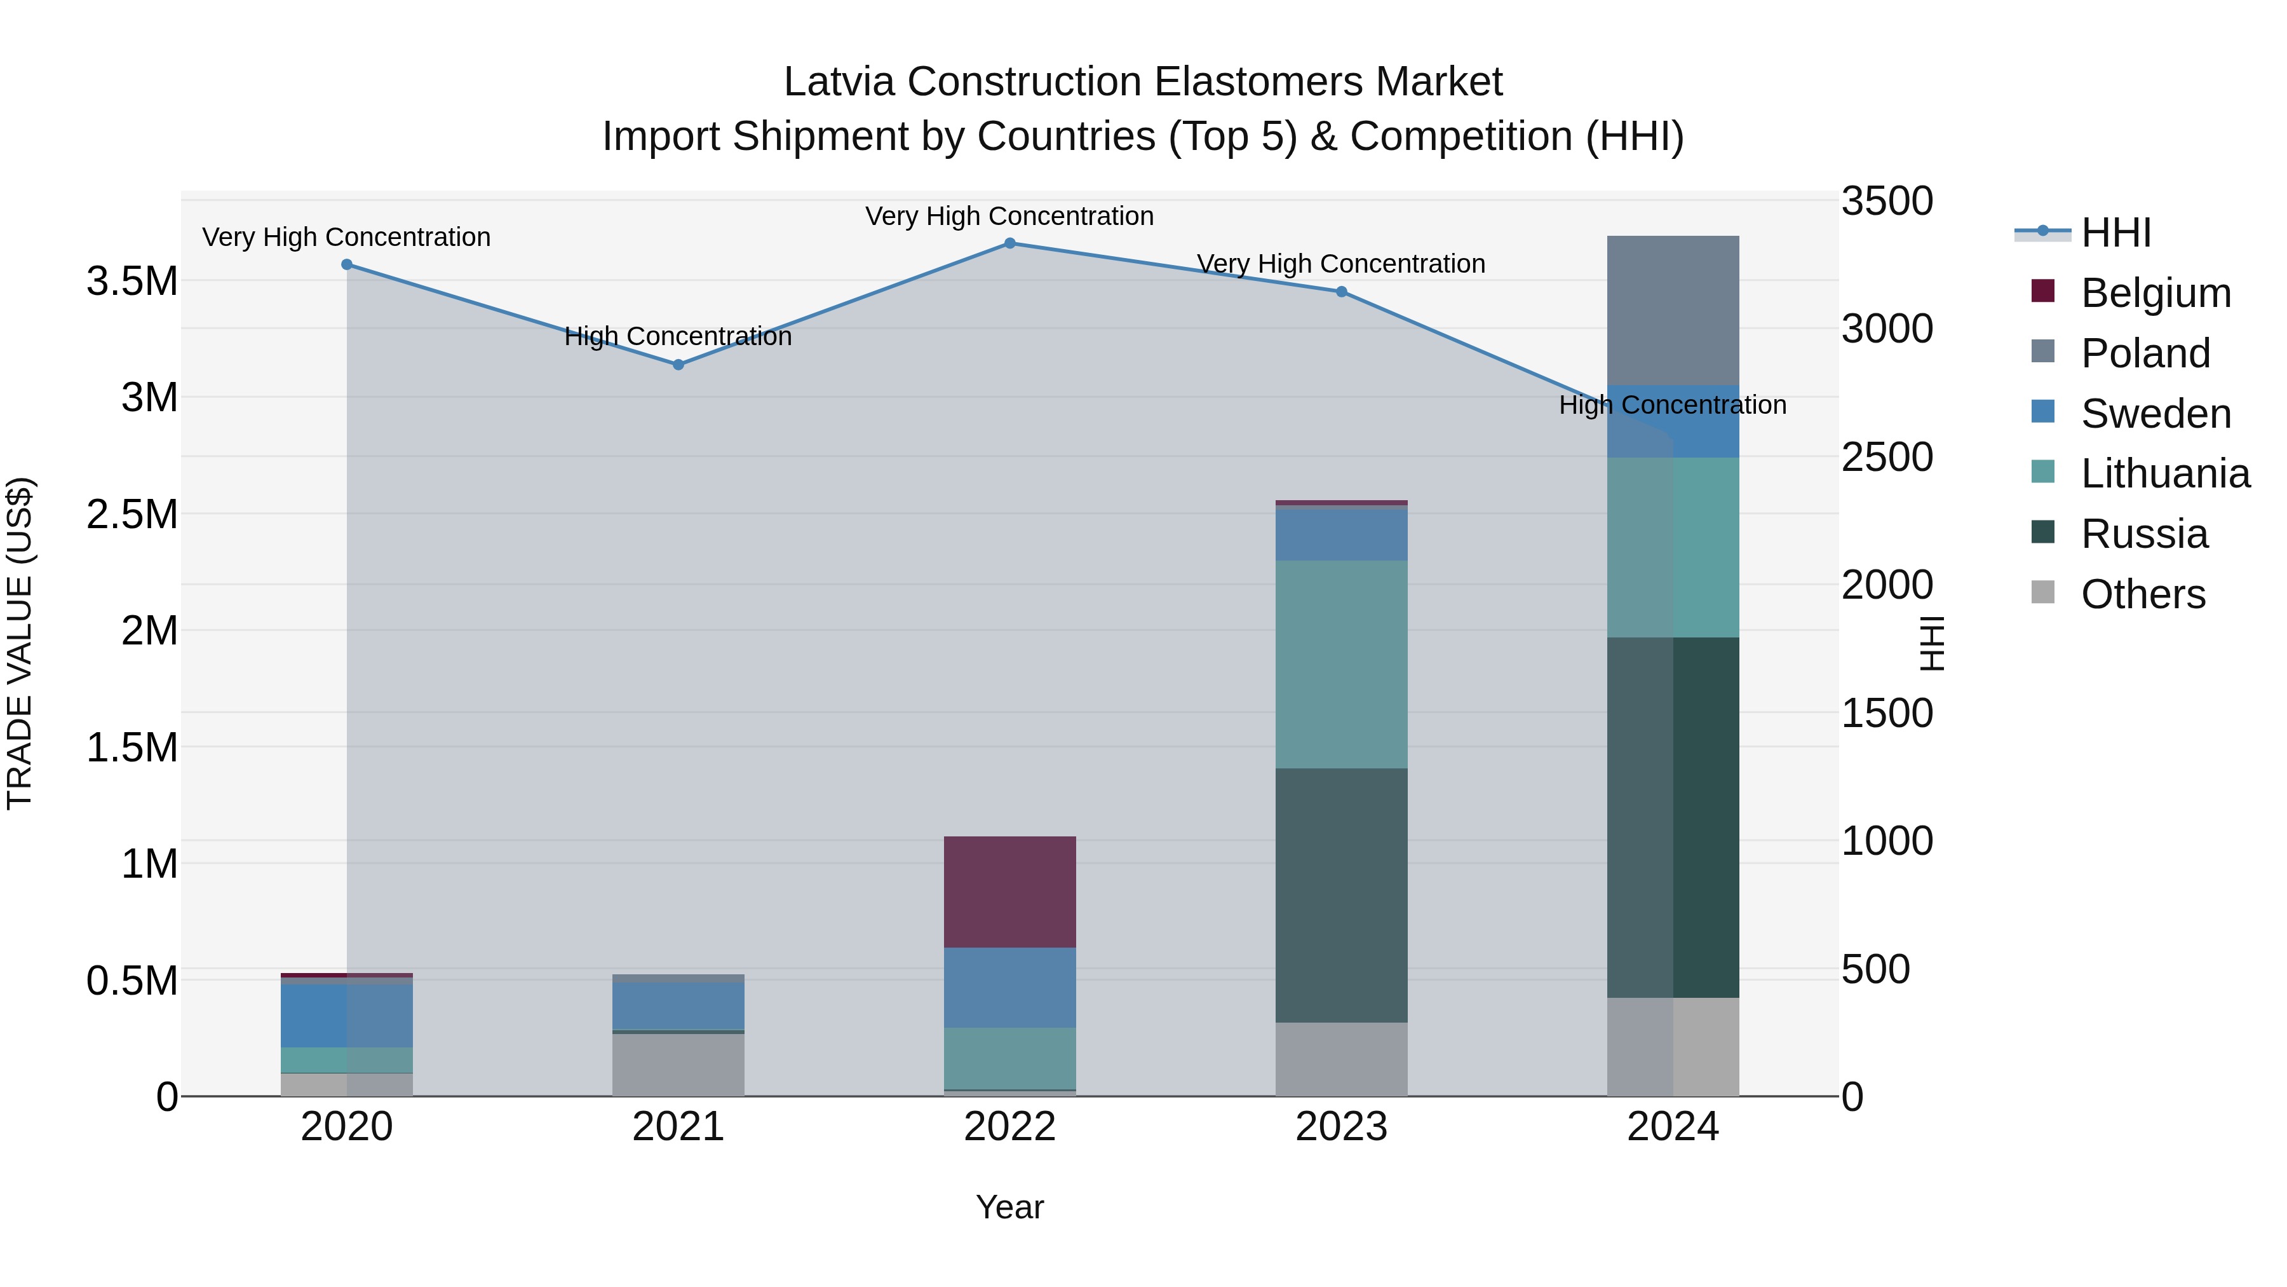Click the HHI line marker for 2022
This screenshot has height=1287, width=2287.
click(1009, 243)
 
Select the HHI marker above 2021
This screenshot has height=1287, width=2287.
click(678, 365)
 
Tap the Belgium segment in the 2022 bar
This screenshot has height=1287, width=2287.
click(1009, 892)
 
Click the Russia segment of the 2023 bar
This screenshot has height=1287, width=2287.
click(1342, 895)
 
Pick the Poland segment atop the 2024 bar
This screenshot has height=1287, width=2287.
click(1673, 311)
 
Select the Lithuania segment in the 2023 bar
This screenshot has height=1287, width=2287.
click(1342, 664)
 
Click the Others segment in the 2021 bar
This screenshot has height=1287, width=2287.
click(678, 1064)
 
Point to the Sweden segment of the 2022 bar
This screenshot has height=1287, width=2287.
click(1009, 988)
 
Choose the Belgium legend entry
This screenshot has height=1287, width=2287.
click(2155, 293)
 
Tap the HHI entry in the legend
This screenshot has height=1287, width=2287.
click(2115, 233)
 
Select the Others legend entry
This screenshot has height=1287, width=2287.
click(2142, 594)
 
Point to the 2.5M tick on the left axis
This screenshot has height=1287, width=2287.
click(132, 514)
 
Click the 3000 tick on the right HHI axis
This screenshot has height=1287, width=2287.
click(1887, 329)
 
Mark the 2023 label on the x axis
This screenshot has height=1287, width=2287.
click(1342, 1127)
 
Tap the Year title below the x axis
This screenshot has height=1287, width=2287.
click(1009, 1207)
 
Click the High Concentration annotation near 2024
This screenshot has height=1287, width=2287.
click(1673, 405)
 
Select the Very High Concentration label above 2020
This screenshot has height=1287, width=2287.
click(346, 237)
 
